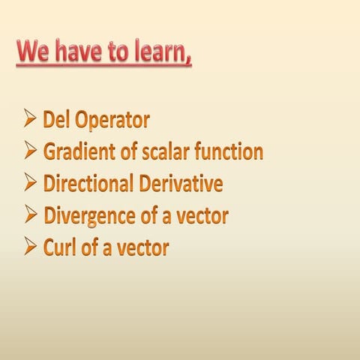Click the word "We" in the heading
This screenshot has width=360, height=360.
34,53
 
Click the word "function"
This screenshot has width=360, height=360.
229,152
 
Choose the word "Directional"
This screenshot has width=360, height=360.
87,184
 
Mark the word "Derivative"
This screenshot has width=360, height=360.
179,184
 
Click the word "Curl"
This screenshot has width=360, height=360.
59,247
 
